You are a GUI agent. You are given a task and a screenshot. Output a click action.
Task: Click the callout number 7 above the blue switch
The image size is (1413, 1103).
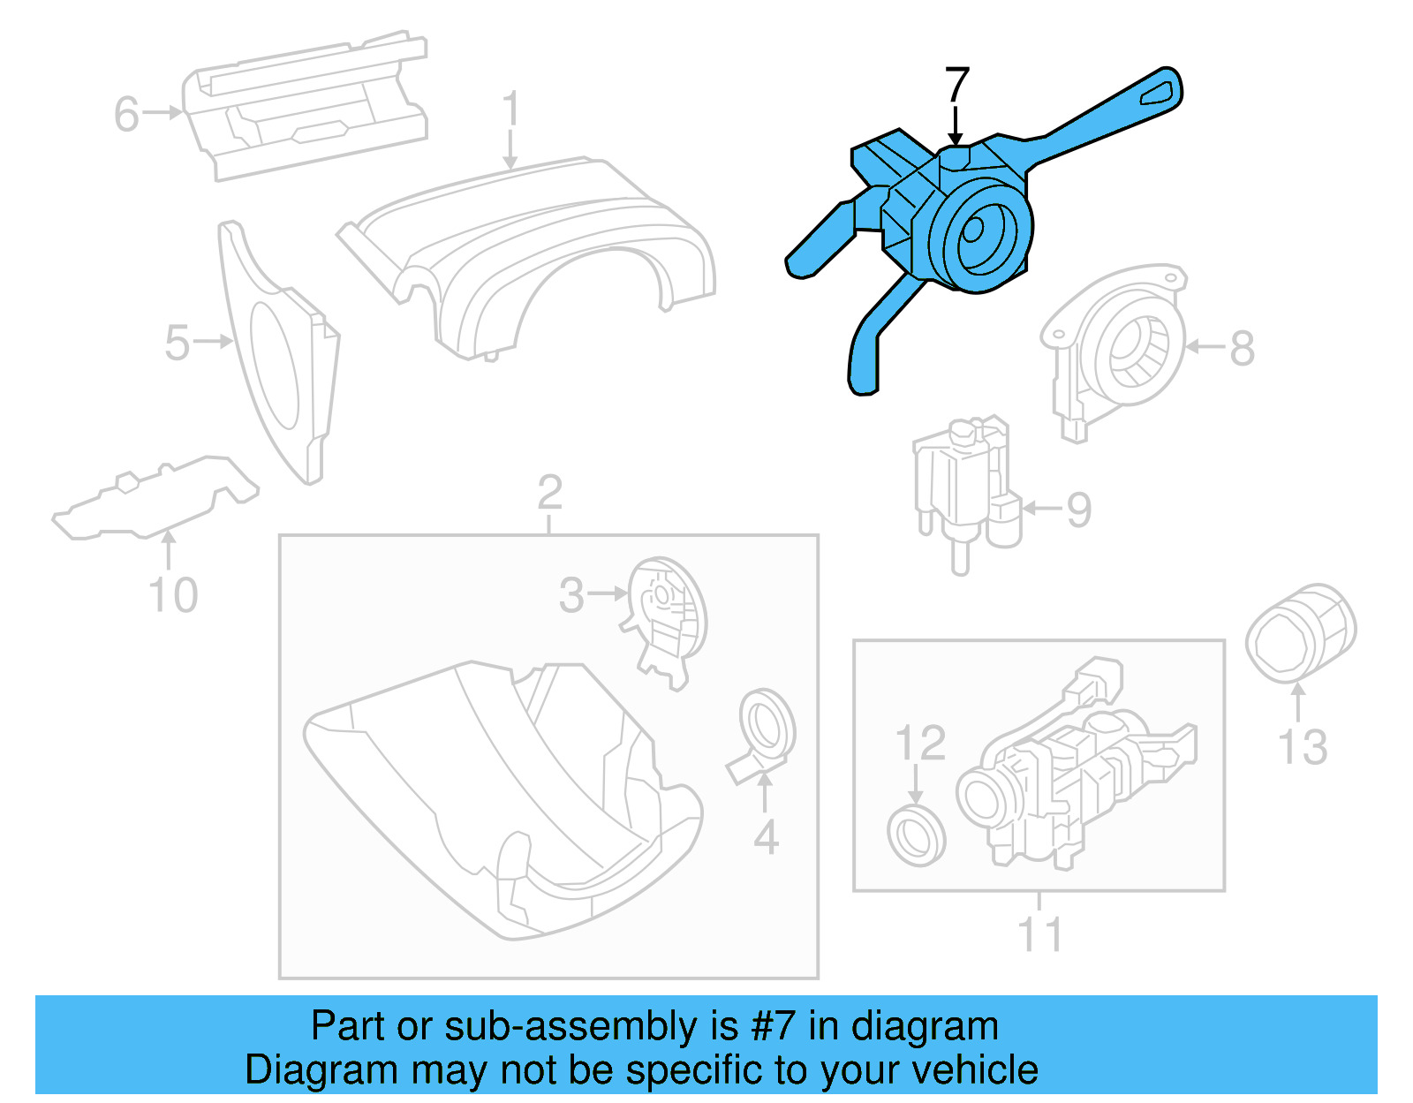coord(957,86)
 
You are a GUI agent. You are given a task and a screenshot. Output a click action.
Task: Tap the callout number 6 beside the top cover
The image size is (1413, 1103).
coord(126,115)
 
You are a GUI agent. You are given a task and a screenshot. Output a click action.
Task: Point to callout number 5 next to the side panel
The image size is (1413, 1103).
coord(177,343)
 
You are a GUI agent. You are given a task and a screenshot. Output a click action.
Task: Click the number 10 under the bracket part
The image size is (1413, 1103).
coord(173,595)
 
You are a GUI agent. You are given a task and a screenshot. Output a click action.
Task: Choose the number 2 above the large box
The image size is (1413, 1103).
coord(549,492)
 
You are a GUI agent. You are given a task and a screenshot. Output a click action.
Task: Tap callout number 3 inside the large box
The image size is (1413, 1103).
coord(571,595)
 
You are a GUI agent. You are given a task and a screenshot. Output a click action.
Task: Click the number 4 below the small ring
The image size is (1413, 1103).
coord(766,837)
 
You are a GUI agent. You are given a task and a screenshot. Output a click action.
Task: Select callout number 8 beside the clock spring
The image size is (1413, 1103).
coord(1242,348)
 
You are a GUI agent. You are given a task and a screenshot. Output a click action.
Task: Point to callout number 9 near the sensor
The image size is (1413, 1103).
coord(1078,510)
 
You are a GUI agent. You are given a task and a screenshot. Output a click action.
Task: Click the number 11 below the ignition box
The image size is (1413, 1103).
coord(1039,934)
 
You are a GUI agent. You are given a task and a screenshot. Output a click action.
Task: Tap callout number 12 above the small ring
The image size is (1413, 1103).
coord(920,743)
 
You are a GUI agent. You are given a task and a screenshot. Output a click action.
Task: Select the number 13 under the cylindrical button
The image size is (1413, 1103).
coord(1303,747)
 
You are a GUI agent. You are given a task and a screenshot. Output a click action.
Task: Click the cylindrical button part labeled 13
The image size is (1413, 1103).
coord(1299,633)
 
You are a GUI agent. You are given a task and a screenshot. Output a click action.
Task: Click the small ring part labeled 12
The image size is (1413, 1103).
coord(916,835)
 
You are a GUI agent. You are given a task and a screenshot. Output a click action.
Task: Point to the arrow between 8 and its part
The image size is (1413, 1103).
coord(1205,347)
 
